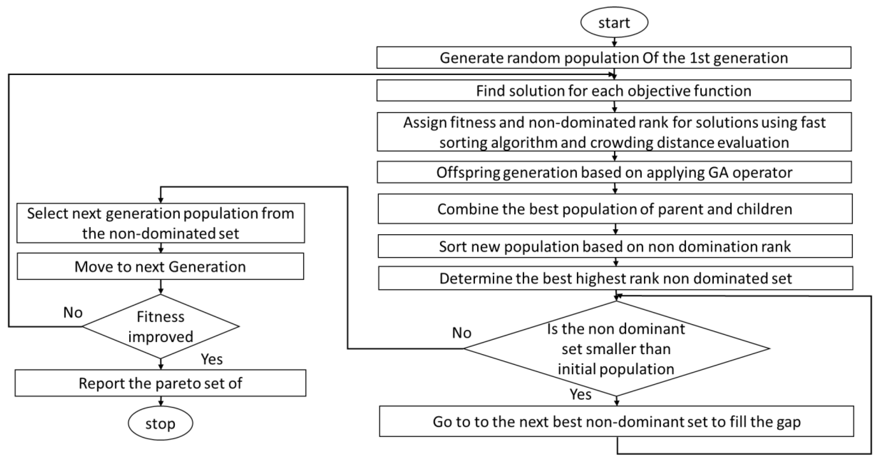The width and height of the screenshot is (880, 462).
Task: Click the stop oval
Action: tap(160, 423)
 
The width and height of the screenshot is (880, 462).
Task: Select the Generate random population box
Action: tap(614, 58)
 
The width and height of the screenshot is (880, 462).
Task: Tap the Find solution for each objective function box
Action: tap(614, 90)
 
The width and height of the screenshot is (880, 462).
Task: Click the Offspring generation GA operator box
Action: tap(614, 172)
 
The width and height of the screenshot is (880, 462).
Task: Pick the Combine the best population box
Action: tap(615, 209)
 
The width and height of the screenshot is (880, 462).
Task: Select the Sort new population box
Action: tap(615, 246)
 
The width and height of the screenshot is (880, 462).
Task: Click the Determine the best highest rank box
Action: tap(615, 278)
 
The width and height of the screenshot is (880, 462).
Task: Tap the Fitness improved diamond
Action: tap(161, 327)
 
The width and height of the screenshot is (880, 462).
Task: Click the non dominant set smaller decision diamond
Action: tap(616, 348)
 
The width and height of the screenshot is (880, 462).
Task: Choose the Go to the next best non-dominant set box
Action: tap(616, 422)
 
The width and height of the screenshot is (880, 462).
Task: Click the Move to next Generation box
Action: tap(160, 267)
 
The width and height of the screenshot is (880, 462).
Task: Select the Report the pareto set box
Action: tap(160, 383)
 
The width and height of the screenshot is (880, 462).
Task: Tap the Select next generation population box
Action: tap(161, 223)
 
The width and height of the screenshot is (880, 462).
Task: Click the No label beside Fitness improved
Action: tap(73, 312)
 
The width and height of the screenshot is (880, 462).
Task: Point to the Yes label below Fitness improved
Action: tap(212, 359)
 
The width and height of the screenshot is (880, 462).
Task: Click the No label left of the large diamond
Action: tap(462, 333)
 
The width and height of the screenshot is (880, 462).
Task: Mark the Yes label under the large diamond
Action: tap(580, 394)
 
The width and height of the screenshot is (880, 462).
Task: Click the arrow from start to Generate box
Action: tap(614, 42)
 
